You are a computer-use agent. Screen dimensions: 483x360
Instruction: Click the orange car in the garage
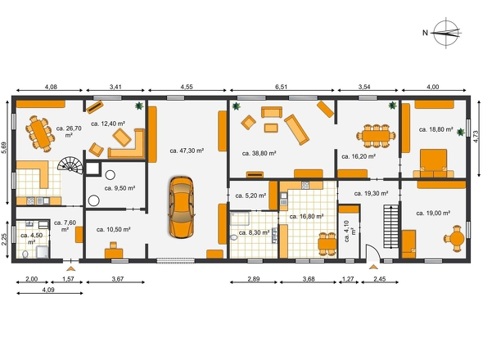[x=182, y=207]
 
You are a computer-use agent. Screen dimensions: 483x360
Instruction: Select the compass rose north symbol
[x=445, y=33]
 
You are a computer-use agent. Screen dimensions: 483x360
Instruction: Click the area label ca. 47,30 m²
[x=187, y=151]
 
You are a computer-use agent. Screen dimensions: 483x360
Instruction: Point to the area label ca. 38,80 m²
[x=259, y=153]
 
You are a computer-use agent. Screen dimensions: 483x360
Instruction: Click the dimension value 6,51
[x=281, y=87]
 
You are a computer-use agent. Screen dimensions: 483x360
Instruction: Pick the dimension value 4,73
[x=476, y=137]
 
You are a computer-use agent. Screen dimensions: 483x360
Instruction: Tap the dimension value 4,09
[x=48, y=290]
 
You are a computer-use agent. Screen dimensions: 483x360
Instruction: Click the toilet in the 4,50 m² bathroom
[x=25, y=254]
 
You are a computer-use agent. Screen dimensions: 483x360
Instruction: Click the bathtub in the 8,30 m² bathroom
[x=240, y=218]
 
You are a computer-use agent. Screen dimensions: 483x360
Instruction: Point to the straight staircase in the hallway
[x=391, y=227]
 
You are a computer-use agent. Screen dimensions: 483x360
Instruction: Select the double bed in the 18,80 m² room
[x=434, y=163]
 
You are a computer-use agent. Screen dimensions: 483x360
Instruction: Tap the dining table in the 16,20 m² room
[x=376, y=136]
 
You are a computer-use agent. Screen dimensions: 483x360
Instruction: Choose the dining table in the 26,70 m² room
[x=40, y=134]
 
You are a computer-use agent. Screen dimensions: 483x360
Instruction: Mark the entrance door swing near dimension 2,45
[x=373, y=252]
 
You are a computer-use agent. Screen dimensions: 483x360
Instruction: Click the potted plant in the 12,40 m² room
[x=139, y=106]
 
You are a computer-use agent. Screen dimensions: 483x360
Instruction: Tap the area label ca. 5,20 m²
[x=251, y=196]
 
